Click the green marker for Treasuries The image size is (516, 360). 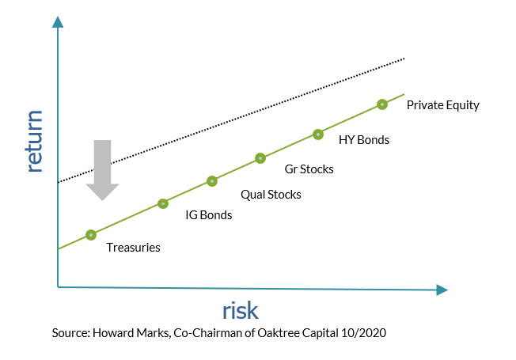pyautogui.click(x=91, y=234)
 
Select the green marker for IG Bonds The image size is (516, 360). pyautogui.click(x=163, y=203)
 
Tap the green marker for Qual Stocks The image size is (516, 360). pyautogui.click(x=212, y=181)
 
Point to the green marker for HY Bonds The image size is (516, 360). pyautogui.click(x=318, y=135)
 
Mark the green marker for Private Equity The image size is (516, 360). pyautogui.click(x=382, y=104)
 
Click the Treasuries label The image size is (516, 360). pyautogui.click(x=134, y=248)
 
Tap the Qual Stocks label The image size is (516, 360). pyautogui.click(x=270, y=194)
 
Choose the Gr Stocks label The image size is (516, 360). pyautogui.click(x=309, y=169)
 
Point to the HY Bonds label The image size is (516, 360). pyautogui.click(x=364, y=140)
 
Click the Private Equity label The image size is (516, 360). pyautogui.click(x=443, y=105)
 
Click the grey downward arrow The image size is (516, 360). pyautogui.click(x=103, y=170)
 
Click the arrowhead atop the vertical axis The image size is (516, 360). pyautogui.click(x=58, y=20)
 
